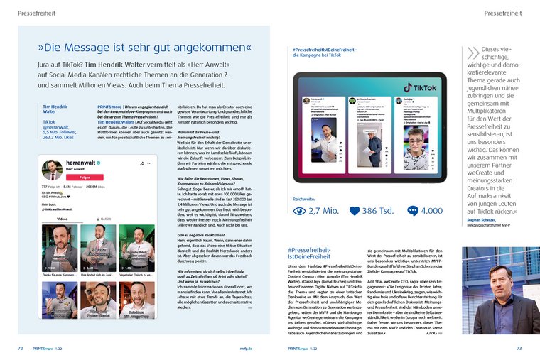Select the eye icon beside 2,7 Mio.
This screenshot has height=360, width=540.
pos(298,211)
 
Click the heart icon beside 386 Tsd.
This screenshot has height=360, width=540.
pos(355,211)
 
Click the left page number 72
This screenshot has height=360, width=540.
pos(21,349)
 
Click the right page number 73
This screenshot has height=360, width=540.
pos(519,349)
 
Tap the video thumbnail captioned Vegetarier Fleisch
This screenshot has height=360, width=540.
pos(136,248)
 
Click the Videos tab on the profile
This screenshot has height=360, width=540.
pos(62,219)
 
